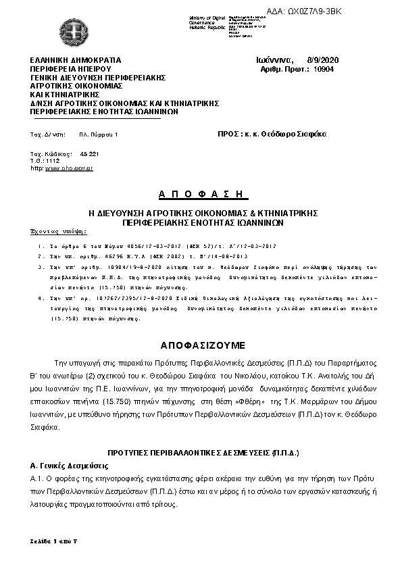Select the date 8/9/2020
(322, 60)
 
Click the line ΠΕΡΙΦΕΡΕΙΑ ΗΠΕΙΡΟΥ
(70, 69)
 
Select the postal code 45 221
(89, 154)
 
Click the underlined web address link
(69, 168)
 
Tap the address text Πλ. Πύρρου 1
(99, 135)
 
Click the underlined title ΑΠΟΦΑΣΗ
(201, 194)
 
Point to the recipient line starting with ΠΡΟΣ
(272, 134)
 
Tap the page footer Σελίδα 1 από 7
(54, 543)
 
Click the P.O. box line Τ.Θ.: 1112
(45, 161)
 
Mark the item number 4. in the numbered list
(41, 297)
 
